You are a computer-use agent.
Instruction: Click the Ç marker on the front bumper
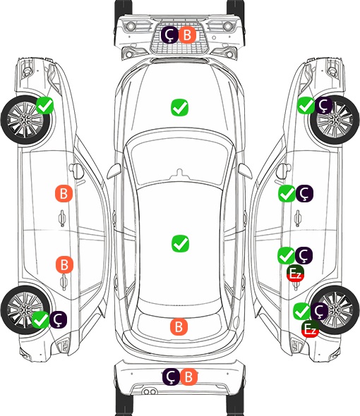(169, 35)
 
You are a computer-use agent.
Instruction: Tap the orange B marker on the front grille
(187, 35)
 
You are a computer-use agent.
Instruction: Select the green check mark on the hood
(180, 107)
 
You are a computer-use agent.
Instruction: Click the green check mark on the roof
(181, 243)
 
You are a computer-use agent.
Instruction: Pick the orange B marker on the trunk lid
(179, 326)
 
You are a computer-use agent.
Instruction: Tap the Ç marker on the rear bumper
(171, 377)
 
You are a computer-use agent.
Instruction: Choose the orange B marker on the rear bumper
(188, 377)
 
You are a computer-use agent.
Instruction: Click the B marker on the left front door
(64, 193)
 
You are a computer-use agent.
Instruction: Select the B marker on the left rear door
(64, 264)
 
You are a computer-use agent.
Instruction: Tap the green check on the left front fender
(44, 106)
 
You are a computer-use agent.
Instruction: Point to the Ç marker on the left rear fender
(58, 319)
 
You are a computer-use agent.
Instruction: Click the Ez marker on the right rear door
(295, 273)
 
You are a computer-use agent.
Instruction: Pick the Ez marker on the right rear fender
(310, 329)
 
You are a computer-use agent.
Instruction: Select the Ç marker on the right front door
(304, 193)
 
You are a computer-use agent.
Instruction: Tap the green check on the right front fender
(306, 106)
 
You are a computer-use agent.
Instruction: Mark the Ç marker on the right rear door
(304, 255)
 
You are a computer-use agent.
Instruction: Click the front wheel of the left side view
(25, 120)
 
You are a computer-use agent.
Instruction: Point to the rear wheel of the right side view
(335, 310)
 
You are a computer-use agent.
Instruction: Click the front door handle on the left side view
(62, 218)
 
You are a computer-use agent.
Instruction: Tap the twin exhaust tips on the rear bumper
(150, 391)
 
